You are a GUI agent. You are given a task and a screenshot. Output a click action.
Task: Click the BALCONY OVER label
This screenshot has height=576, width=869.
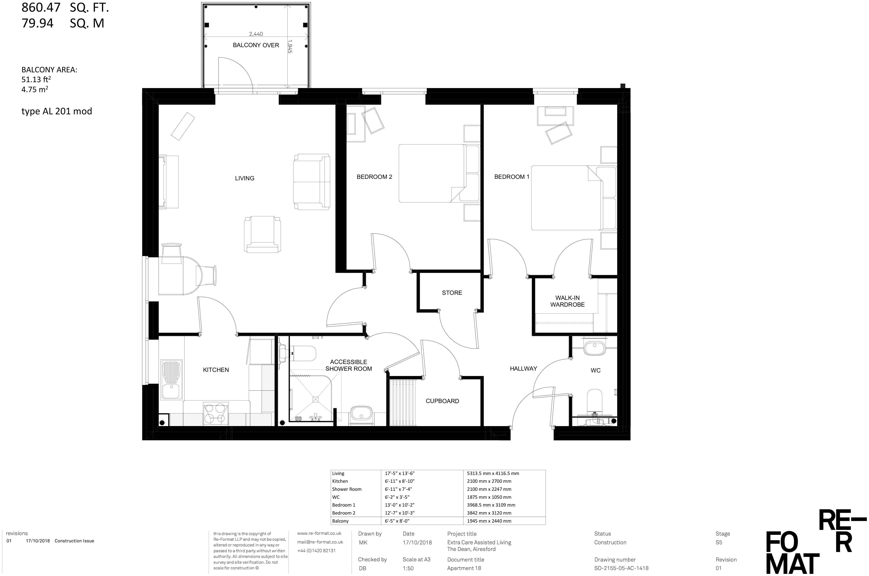click(256, 45)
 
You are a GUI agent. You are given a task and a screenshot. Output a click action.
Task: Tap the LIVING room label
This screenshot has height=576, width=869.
click(244, 178)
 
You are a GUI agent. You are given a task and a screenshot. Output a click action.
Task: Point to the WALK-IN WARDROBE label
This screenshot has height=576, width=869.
click(567, 301)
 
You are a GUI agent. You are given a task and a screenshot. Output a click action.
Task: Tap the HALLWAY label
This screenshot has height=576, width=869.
click(523, 368)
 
